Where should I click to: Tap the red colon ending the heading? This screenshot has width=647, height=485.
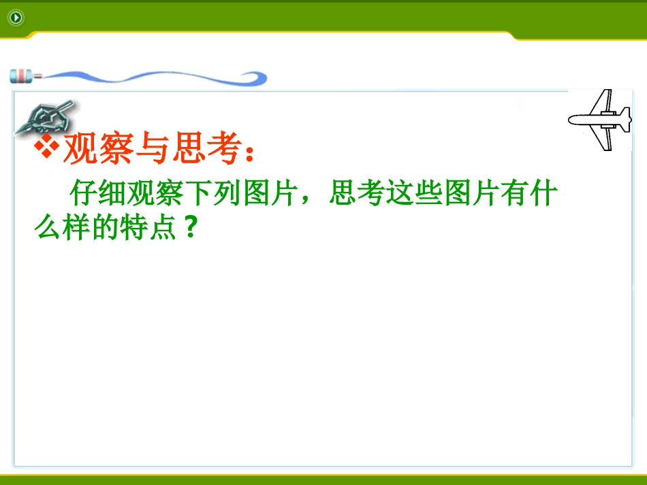pyautogui.click(x=249, y=154)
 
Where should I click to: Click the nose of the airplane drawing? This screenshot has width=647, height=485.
pyautogui.click(x=572, y=120)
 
